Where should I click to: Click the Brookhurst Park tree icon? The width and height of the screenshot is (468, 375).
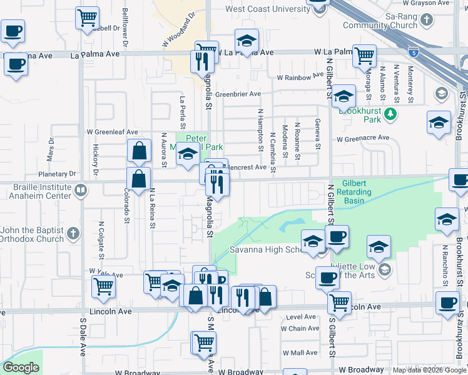(x=390, y=114)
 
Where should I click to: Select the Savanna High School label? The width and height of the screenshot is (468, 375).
(x=263, y=250)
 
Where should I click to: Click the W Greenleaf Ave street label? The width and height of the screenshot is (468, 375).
(x=112, y=132)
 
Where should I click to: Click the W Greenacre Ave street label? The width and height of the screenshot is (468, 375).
(x=363, y=138)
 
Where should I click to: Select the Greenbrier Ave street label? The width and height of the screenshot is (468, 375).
(x=238, y=94)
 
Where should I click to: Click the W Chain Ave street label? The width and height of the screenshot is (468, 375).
(x=300, y=328)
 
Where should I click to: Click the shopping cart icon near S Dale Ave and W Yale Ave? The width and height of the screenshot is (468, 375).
(x=104, y=286)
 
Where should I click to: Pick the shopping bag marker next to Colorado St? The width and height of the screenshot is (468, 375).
(x=138, y=178)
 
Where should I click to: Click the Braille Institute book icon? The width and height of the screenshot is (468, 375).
(x=80, y=190)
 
